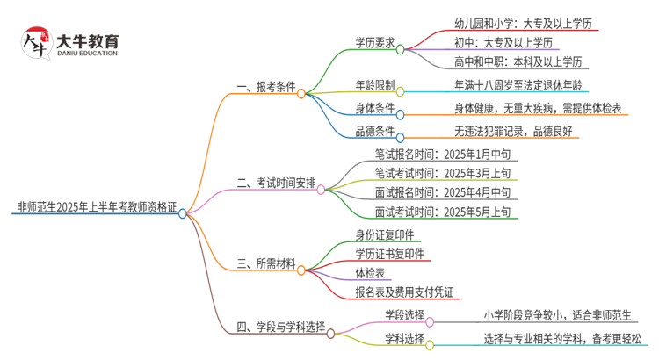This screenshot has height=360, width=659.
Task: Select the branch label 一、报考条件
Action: click(265, 89)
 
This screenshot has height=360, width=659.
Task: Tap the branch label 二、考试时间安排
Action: click(276, 184)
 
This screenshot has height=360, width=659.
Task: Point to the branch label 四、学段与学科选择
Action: click(280, 328)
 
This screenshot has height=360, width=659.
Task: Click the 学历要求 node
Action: click(374, 41)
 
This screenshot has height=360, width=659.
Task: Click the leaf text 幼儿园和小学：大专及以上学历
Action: click(514, 22)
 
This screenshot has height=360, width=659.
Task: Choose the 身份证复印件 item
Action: click(385, 234)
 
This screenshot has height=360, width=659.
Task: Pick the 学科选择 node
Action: click(404, 338)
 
